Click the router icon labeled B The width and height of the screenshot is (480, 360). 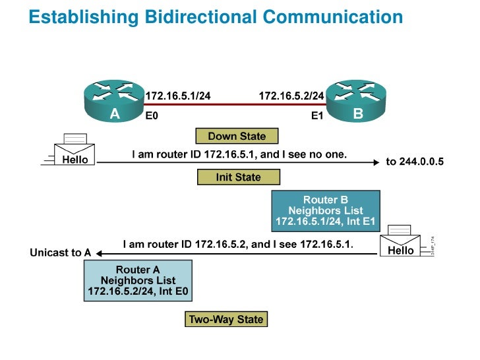coord(357,102)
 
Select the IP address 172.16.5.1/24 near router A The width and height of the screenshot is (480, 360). coord(178,96)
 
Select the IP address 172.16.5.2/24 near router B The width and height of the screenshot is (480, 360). coord(291,96)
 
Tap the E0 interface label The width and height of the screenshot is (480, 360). coord(152,116)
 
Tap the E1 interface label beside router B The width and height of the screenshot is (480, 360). coord(318,116)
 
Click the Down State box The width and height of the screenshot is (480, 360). coord(237,136)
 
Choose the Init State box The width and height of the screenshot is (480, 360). coord(238,177)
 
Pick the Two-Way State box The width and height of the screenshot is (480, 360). coord(226,320)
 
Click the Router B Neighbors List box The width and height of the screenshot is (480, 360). coord(326,210)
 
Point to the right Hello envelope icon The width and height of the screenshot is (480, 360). coord(401,243)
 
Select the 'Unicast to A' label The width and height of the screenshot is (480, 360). coord(61,253)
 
